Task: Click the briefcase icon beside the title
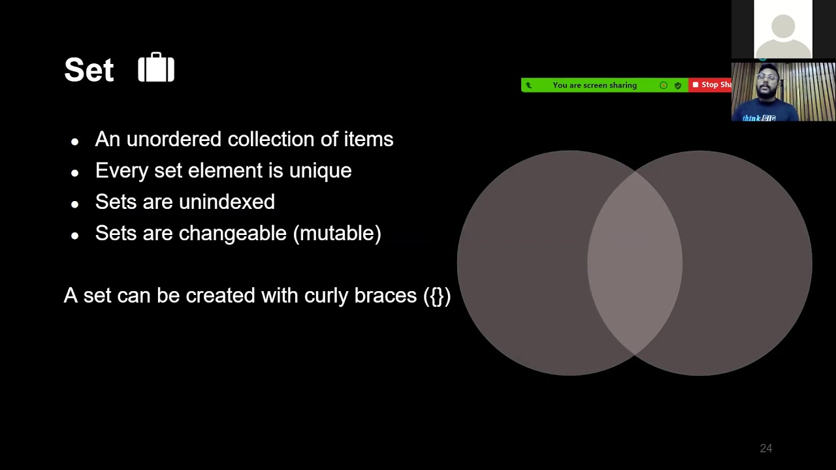(156, 68)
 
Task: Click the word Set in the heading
(89, 70)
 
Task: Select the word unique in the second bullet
(320, 170)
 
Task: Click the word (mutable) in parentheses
(337, 233)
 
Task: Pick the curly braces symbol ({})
(437, 296)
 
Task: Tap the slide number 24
(765, 448)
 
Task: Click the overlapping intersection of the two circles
(634, 262)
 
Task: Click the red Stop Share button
(711, 85)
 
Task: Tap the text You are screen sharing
(594, 85)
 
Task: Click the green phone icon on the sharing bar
(528, 85)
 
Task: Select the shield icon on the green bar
(677, 85)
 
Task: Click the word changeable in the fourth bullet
(233, 233)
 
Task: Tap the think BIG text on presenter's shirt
(760, 118)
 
